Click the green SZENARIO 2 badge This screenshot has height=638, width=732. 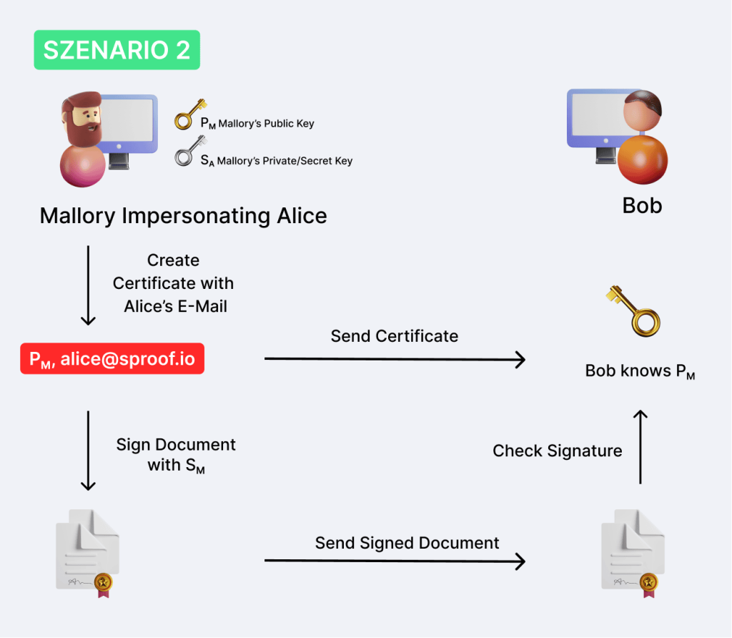click(x=117, y=49)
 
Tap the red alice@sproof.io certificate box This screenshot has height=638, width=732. click(x=112, y=359)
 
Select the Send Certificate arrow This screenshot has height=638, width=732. click(x=395, y=359)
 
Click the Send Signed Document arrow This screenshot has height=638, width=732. click(x=395, y=561)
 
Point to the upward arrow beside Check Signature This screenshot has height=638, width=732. click(x=640, y=446)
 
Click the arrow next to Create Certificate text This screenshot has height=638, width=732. click(x=88, y=285)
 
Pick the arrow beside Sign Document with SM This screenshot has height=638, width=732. click(x=88, y=450)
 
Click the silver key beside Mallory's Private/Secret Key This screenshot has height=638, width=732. click(x=186, y=151)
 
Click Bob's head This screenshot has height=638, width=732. click(x=642, y=110)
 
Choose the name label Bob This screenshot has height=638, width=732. click(x=642, y=206)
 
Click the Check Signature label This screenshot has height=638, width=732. click(x=557, y=451)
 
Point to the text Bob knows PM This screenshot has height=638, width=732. click(x=640, y=371)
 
